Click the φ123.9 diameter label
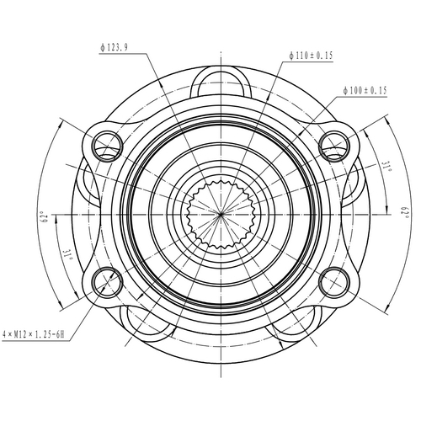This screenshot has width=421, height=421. click(x=113, y=48)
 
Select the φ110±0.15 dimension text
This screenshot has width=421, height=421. click(x=310, y=56)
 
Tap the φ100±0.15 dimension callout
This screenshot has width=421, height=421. click(x=365, y=88)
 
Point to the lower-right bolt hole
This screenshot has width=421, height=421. click(x=334, y=280)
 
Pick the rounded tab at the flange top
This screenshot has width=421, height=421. click(x=220, y=80)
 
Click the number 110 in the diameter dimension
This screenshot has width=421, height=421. click(x=304, y=56)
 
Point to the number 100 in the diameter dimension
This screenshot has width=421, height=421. click(x=359, y=88)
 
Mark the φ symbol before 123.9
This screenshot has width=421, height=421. click(x=101, y=48)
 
